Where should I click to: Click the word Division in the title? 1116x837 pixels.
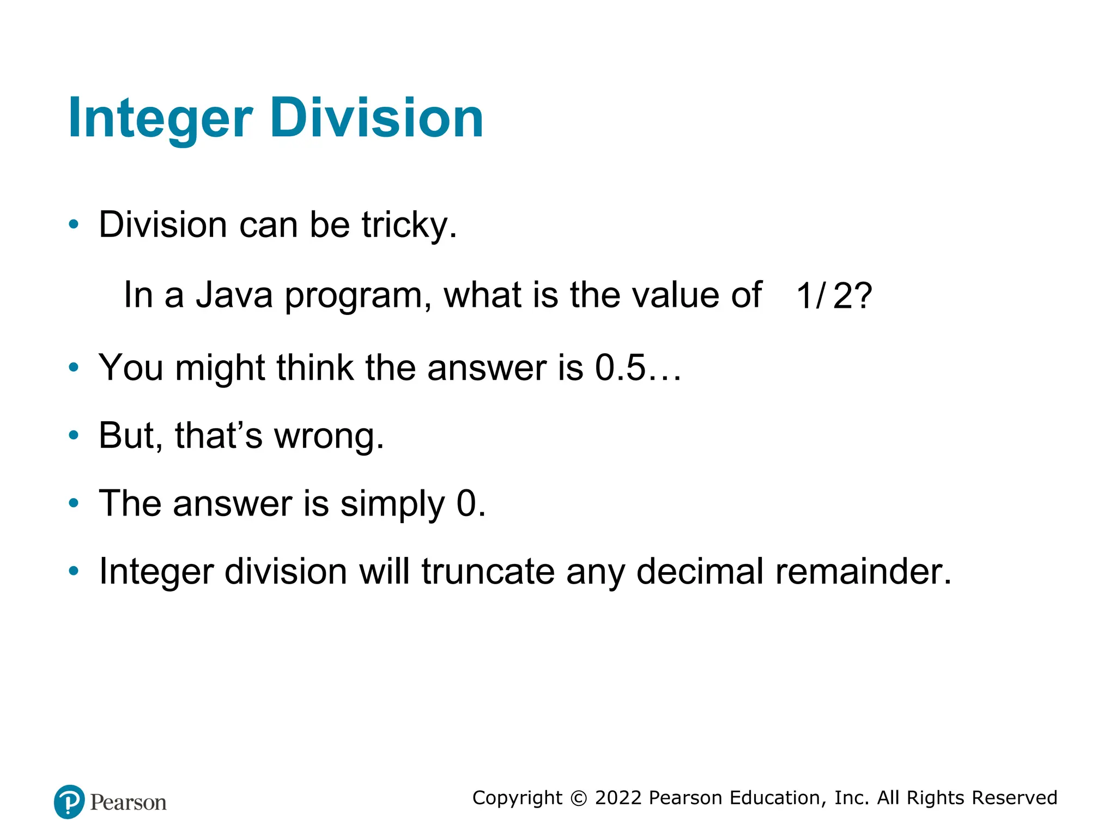(376, 118)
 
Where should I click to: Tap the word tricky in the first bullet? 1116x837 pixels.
(409, 225)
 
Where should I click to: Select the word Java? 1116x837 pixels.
(234, 295)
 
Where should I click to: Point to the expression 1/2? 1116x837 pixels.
(834, 296)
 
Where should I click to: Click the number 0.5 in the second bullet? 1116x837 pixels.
(620, 368)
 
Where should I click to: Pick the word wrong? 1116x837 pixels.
(329, 436)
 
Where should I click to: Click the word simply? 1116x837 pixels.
(392, 504)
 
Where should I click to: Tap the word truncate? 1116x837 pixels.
(488, 572)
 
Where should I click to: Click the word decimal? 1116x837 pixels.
(700, 572)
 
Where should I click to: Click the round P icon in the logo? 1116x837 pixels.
(69, 802)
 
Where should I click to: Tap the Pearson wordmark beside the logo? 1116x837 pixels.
(128, 803)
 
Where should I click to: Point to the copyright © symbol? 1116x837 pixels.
(579, 798)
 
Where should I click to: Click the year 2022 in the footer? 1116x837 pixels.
(618, 798)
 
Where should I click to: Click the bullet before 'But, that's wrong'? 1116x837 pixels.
(74, 435)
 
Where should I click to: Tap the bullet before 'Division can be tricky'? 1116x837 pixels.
(74, 225)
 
